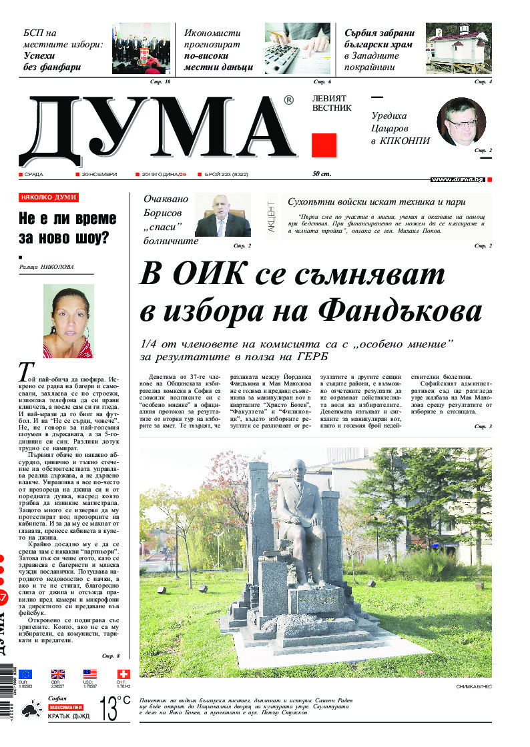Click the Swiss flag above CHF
coord(123,674)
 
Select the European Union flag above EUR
coord(26,674)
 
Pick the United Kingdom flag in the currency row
coord(58,674)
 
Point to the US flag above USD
coord(90,674)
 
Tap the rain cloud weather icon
coord(31,710)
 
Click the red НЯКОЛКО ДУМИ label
coord(49,197)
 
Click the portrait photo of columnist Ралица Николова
coord(68,321)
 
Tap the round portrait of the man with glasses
coord(461,121)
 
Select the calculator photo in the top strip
coord(297,49)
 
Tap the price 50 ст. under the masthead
coord(322,174)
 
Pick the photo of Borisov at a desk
coord(222,215)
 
